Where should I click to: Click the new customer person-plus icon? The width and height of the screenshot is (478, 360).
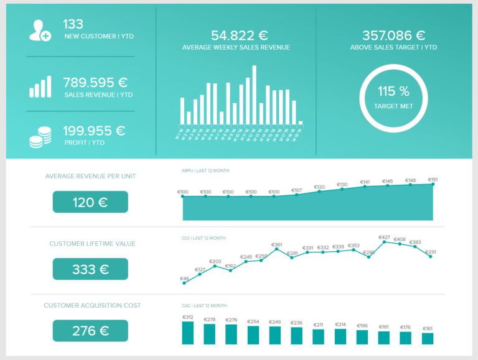pos(40,30)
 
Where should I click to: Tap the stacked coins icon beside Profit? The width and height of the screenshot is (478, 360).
pos(40,137)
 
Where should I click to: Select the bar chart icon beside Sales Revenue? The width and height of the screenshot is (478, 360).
pos(40,87)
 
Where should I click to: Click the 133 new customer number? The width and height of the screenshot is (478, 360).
pos(73,24)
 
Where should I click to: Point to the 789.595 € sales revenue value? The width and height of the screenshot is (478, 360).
pos(95,82)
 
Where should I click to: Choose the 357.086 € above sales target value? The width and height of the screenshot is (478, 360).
pos(393,35)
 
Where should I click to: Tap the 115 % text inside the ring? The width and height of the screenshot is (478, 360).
pos(393,91)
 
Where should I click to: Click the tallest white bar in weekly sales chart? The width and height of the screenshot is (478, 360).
pos(254,95)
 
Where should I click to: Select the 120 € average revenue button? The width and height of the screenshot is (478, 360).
pos(90,202)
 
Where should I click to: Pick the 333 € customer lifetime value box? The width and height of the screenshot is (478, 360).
pos(90,269)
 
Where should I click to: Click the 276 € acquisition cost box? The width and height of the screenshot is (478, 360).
pos(90,331)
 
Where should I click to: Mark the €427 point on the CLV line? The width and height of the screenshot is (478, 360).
pos(385,242)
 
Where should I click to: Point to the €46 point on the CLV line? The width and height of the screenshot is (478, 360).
pos(185,283)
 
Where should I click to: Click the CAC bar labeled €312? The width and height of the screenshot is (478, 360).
pos(188,333)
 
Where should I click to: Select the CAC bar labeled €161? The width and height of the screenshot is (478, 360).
pos(428,338)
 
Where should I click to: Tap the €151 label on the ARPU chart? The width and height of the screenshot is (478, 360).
pos(433,179)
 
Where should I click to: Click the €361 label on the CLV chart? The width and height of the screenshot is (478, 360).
pos(277,244)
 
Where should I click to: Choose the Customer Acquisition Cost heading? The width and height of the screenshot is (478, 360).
pos(92,305)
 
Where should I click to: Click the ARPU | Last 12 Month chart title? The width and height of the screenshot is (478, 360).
pos(205,170)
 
